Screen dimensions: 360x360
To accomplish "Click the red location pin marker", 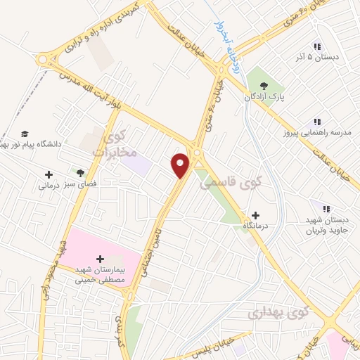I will pos(181,165).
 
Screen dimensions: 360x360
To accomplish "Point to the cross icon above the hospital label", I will pos(98,259).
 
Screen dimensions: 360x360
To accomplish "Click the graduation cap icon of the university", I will pos(25,134).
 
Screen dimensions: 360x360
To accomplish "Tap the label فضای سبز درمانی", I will pos(66,186).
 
